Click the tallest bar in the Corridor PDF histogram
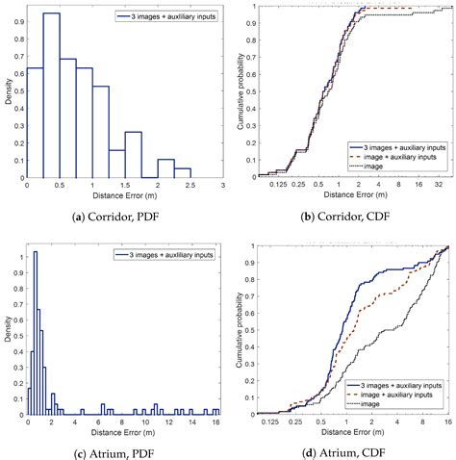pos(51,96)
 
